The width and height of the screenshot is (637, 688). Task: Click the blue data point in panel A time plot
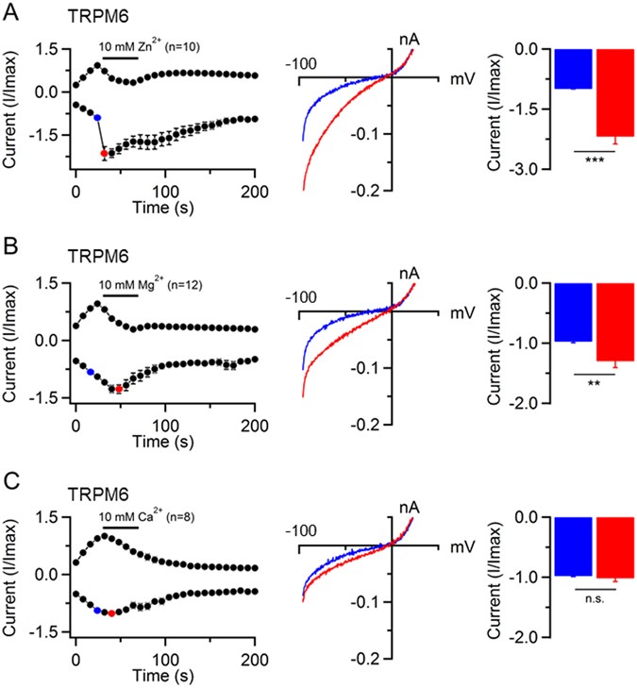97,118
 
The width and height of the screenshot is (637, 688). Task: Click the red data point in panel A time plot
104,153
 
